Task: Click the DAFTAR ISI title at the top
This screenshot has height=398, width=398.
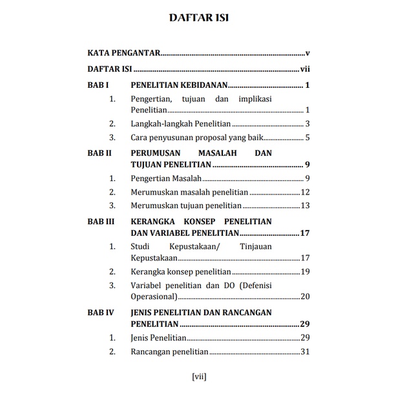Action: tap(198, 17)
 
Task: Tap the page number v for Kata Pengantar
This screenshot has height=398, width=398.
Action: tap(308, 54)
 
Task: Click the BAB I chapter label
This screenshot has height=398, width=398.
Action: tap(98, 85)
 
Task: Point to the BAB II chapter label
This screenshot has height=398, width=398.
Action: tap(100, 153)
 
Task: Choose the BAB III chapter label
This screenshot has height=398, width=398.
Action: tap(101, 222)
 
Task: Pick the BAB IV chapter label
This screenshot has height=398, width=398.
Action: tap(101, 312)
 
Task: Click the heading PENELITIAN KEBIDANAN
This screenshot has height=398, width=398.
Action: tap(178, 85)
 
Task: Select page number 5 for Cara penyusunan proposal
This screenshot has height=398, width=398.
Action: tap(308, 137)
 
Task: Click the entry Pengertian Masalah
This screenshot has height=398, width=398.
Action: tap(166, 178)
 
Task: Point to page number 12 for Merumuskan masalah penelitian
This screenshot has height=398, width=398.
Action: tap(306, 192)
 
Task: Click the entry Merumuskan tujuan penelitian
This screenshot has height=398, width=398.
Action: tap(185, 205)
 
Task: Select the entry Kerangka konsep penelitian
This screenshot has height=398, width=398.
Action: tap(180, 271)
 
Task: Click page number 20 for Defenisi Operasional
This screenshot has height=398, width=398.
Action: tap(306, 297)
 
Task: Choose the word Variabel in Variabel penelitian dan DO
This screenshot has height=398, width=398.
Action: tap(148, 285)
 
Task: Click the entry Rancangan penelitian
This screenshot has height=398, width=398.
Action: tap(169, 352)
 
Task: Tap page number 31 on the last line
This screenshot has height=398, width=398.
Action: tap(306, 352)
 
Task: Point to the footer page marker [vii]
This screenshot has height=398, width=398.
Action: tap(199, 376)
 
